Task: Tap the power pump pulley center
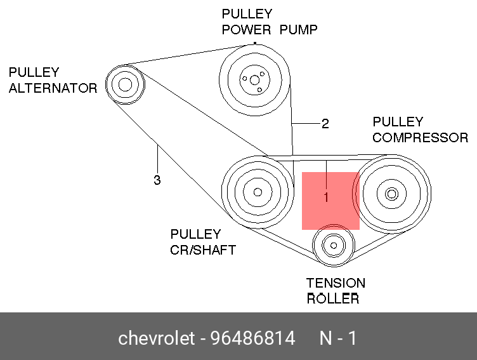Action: tap(254, 80)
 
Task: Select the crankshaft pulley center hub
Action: tap(257, 192)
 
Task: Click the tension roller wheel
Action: tap(332, 244)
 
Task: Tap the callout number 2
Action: tap(325, 124)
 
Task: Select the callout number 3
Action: tap(157, 180)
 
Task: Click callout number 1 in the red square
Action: tap(326, 197)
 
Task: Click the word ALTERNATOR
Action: tap(53, 88)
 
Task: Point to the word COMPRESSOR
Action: tap(420, 138)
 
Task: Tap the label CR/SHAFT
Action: tap(202, 250)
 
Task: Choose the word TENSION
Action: tap(336, 283)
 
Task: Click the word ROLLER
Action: tap(333, 299)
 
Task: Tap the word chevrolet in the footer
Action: tap(156, 338)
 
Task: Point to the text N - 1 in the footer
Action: tap(338, 338)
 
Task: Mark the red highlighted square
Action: tap(330, 201)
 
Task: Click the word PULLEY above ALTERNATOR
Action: tap(34, 72)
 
